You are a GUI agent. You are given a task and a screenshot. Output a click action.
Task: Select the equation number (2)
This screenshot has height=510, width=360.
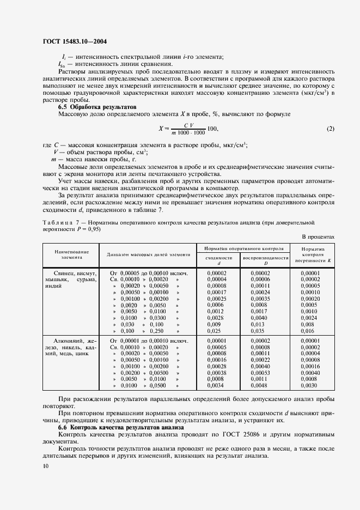pyautogui.click(x=331, y=129)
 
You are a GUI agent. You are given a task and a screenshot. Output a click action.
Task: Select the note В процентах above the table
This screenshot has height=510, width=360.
pyautogui.click(x=318, y=236)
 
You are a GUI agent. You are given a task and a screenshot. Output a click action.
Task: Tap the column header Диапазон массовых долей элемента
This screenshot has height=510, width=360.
pyautogui.click(x=148, y=254)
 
